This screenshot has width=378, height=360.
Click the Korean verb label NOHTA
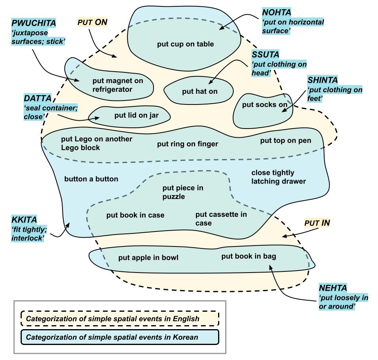pyautogui.click(x=277, y=12)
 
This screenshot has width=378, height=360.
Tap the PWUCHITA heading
pyautogui.click(x=34, y=23)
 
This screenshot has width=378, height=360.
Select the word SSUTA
pyautogui.click(x=266, y=55)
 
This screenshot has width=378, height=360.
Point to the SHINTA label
pyautogui.click(x=323, y=80)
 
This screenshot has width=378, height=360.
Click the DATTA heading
pyautogui.click(x=38, y=98)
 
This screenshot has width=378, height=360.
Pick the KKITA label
pyautogui.click(x=25, y=220)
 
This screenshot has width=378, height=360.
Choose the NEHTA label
pyautogui.click(x=333, y=288)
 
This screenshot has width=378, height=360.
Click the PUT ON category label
pyautogui.click(x=92, y=22)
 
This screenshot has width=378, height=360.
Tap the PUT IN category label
pyautogui.click(x=317, y=223)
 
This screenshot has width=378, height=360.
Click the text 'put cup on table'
pyautogui.click(x=185, y=44)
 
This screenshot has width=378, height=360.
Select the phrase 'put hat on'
pyautogui.click(x=200, y=91)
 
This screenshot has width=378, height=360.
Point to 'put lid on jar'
pyautogui.click(x=137, y=115)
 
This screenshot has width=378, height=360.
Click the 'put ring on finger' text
pyautogui.click(x=188, y=144)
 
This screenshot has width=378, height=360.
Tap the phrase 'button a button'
pyautogui.click(x=91, y=179)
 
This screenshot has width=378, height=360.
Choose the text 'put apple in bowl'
pyautogui.click(x=148, y=258)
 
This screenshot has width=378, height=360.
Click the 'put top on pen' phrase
pyautogui.click(x=286, y=140)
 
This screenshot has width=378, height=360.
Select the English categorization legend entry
pyautogui.click(x=120, y=318)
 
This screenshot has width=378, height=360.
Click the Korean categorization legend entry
pyautogui.click(x=120, y=337)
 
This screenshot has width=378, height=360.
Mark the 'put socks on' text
pyautogui.click(x=265, y=104)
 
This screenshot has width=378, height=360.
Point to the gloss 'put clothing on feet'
pyautogui.click(x=335, y=94)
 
